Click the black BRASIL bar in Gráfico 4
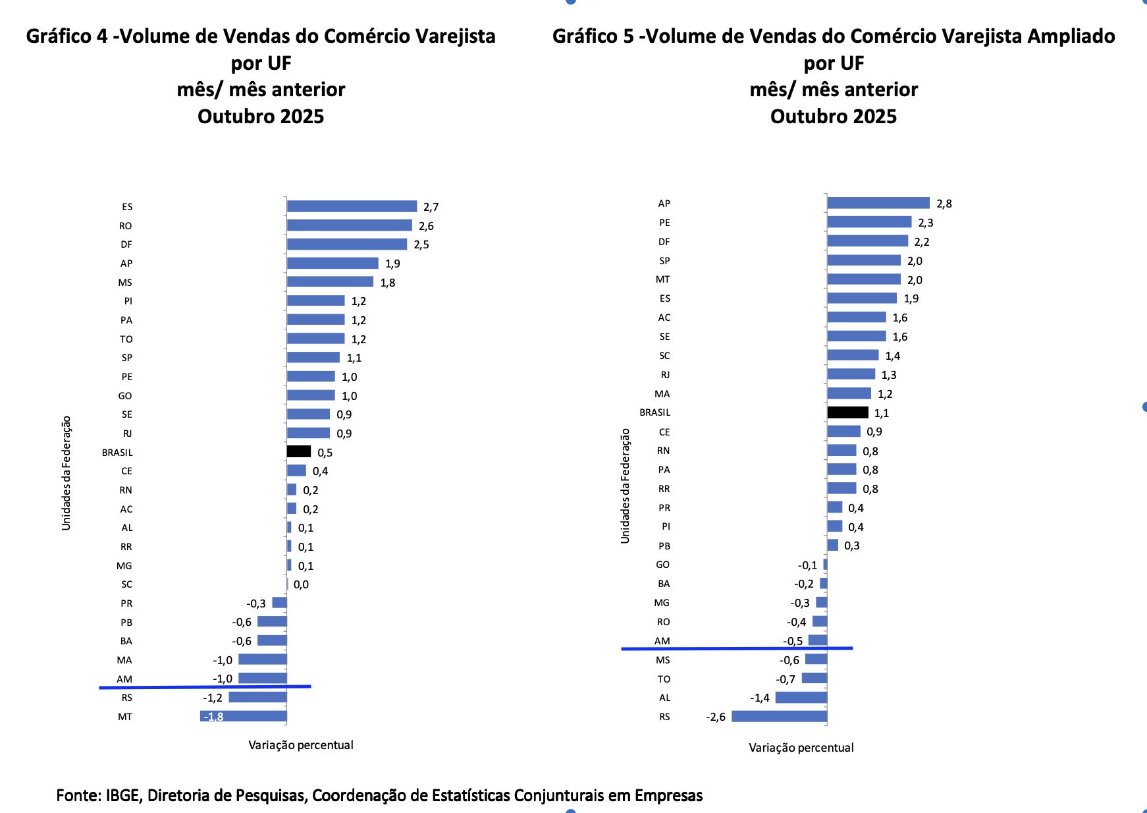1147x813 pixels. (x=298, y=451)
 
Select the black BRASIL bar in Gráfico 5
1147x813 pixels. (x=847, y=412)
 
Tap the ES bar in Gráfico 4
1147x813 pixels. (x=352, y=206)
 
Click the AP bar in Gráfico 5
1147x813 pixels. (x=878, y=203)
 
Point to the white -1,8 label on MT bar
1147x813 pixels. (x=214, y=717)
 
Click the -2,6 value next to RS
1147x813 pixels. (x=715, y=717)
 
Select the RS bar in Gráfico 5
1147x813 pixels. (x=779, y=716)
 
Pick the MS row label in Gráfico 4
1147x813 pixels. (x=125, y=283)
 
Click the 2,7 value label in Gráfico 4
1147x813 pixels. (x=431, y=207)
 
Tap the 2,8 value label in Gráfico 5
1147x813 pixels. (x=944, y=204)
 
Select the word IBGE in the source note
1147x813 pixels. (x=122, y=795)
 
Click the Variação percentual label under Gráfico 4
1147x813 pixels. (x=300, y=745)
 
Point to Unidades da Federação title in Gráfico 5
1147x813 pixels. (x=626, y=486)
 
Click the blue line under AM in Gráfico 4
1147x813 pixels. (x=204, y=687)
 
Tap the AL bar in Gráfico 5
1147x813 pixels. (x=801, y=697)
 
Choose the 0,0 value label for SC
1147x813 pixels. (x=301, y=584)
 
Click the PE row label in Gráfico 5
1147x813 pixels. (x=664, y=223)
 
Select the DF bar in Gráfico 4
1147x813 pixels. (x=346, y=244)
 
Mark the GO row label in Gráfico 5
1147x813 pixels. (x=662, y=565)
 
